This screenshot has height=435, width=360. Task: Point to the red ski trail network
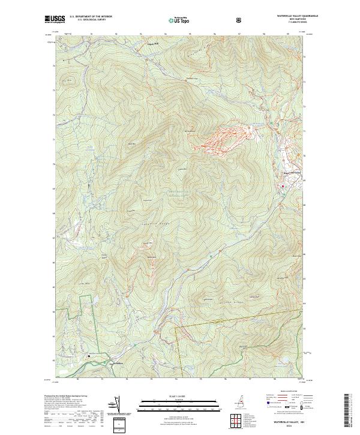[222, 137]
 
